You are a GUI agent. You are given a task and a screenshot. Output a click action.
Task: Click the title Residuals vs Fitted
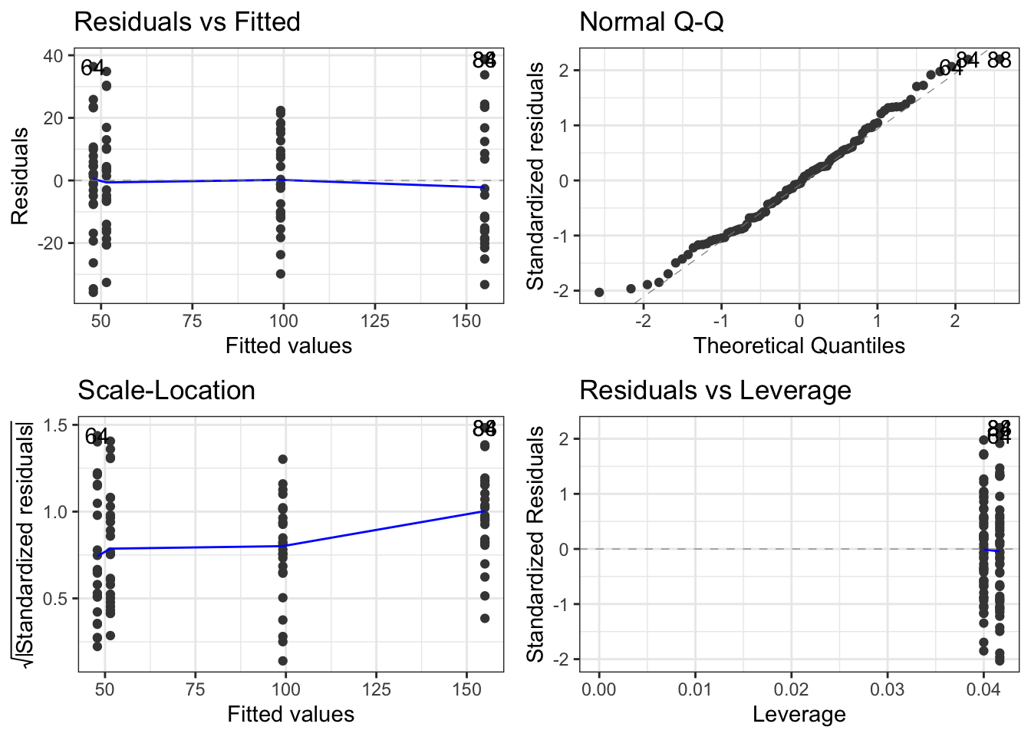click(x=186, y=21)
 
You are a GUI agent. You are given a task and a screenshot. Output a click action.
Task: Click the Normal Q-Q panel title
click(x=651, y=21)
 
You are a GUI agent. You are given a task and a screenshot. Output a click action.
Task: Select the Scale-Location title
click(x=166, y=390)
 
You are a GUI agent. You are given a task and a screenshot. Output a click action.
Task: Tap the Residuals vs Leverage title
click(x=714, y=390)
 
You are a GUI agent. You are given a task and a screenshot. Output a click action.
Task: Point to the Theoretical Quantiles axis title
click(x=799, y=346)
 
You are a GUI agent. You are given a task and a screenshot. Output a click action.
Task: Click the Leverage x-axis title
click(x=799, y=715)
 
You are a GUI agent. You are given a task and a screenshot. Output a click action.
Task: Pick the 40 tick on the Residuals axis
click(x=54, y=56)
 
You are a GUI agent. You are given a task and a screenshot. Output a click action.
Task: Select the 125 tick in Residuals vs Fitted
click(x=375, y=320)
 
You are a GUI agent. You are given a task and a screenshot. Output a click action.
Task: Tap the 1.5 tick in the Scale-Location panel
click(x=57, y=425)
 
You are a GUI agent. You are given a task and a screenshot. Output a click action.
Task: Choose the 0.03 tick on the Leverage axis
click(x=888, y=689)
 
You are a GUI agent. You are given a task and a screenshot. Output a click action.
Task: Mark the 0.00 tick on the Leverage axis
click(x=599, y=689)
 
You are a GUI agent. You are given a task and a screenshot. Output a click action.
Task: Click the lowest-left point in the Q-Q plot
click(x=599, y=292)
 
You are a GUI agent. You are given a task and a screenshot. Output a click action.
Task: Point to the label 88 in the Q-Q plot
click(x=999, y=60)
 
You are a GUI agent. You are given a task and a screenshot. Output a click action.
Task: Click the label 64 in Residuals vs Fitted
click(x=92, y=68)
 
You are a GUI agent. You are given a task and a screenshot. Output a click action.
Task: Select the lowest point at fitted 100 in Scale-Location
click(x=283, y=660)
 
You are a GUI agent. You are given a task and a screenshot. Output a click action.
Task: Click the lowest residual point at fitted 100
click(x=281, y=274)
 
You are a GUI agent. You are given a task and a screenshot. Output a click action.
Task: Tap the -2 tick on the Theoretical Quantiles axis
click(x=643, y=320)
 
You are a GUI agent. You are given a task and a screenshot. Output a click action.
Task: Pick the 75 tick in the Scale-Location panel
click(x=195, y=689)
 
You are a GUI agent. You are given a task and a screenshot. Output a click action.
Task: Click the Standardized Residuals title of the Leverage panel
click(x=535, y=544)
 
